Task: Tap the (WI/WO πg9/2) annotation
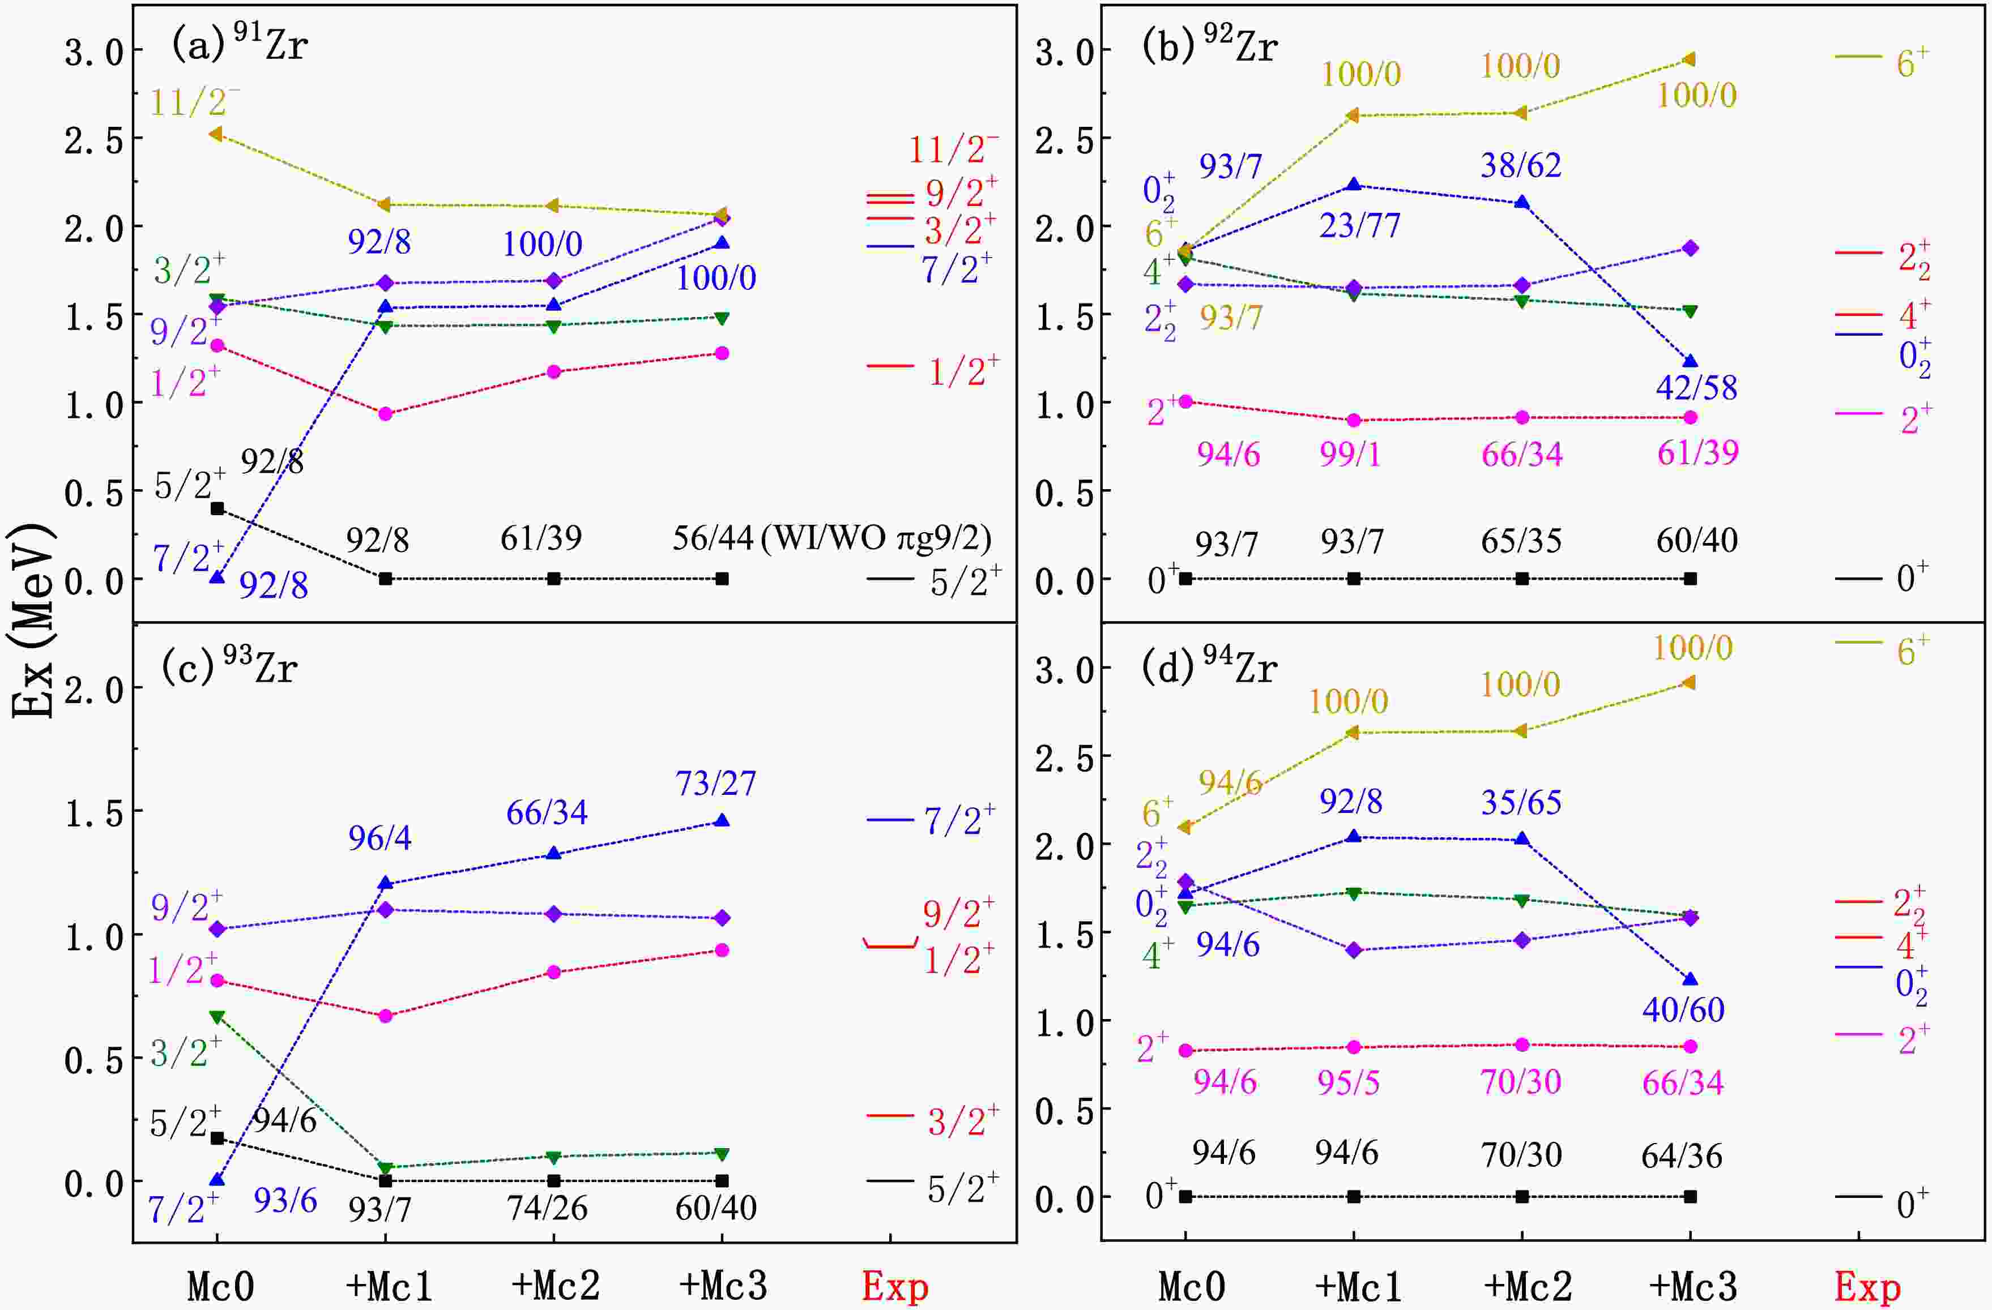pyautogui.click(x=876, y=538)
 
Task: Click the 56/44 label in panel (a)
pyautogui.click(x=713, y=538)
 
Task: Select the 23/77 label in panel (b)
pyautogui.click(x=1359, y=226)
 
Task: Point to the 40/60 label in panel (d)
pyautogui.click(x=1683, y=1010)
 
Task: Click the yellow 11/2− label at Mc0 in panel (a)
pyautogui.click(x=195, y=102)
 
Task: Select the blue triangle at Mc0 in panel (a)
pyautogui.click(x=217, y=577)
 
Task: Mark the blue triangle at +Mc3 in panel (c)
pyautogui.click(x=722, y=821)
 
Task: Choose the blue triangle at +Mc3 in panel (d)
pyautogui.click(x=1690, y=979)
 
